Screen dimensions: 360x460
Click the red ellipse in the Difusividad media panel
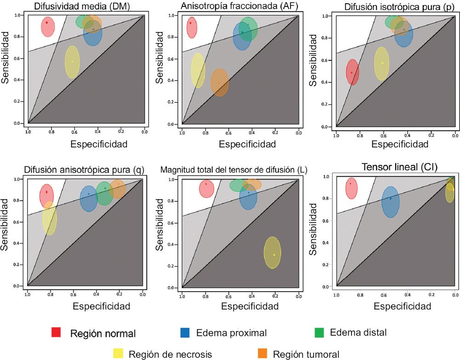click(x=47, y=27)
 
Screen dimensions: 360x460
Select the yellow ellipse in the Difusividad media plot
click(x=72, y=62)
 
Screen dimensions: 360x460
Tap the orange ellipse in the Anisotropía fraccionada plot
click(x=220, y=83)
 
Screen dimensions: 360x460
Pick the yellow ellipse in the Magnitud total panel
click(x=273, y=253)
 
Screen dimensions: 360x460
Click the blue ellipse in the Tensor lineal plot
click(x=391, y=202)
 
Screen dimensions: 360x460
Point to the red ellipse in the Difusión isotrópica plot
click(x=352, y=72)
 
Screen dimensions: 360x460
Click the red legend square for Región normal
click(x=57, y=332)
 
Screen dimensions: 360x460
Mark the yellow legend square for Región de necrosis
click(x=119, y=354)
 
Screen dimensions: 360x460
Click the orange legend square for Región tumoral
click(x=263, y=354)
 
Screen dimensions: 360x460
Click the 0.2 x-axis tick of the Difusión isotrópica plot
click(x=431, y=135)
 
